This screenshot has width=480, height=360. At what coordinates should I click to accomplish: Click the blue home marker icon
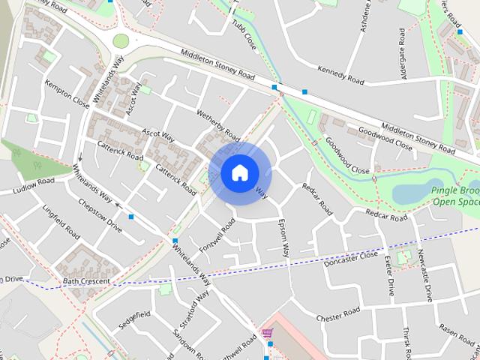[x=238, y=172]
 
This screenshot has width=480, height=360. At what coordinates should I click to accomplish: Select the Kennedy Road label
[x=340, y=75]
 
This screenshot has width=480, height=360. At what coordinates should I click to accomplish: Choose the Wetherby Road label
[x=217, y=123]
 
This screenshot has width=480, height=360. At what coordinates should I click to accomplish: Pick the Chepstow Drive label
[x=100, y=214]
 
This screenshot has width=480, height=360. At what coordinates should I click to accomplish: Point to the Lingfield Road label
[x=61, y=222]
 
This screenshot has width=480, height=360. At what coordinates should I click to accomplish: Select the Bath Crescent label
[x=86, y=281]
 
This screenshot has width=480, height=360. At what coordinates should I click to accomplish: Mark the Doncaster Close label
[x=351, y=259]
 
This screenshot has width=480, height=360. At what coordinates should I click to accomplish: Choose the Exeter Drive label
[x=390, y=277]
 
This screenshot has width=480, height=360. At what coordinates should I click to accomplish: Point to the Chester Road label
[x=339, y=314]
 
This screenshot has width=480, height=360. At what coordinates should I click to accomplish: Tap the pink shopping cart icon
[x=267, y=332]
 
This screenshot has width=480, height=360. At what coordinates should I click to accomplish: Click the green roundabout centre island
[x=121, y=40]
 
